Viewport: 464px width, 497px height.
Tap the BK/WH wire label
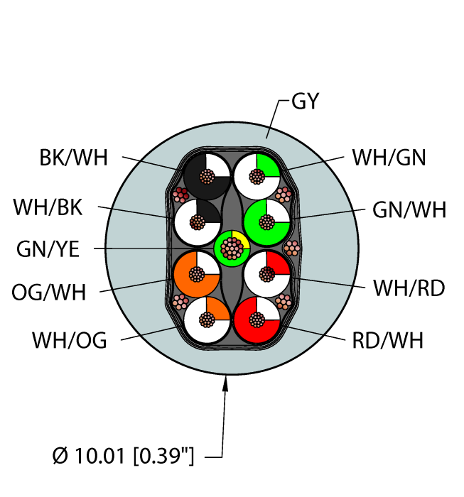pyautogui.click(x=73, y=158)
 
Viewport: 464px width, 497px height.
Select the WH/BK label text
pyautogui.click(x=48, y=208)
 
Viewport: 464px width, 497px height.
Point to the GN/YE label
pyautogui.click(x=49, y=249)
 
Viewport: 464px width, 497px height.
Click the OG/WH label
pyautogui.click(x=48, y=291)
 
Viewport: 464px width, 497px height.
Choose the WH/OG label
pyautogui.click(x=69, y=341)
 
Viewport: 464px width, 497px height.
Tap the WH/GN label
pyautogui.click(x=389, y=158)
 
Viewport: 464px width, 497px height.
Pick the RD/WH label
pyautogui.click(x=387, y=341)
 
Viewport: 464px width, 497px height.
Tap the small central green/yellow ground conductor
pyautogui.click(x=232, y=248)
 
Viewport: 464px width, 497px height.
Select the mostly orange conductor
pyautogui.click(x=195, y=273)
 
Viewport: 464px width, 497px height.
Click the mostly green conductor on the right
pyautogui.click(x=266, y=222)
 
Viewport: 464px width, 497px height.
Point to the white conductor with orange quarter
pyautogui.click(x=207, y=320)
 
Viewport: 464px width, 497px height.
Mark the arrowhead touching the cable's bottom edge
pyautogui.click(x=227, y=381)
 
